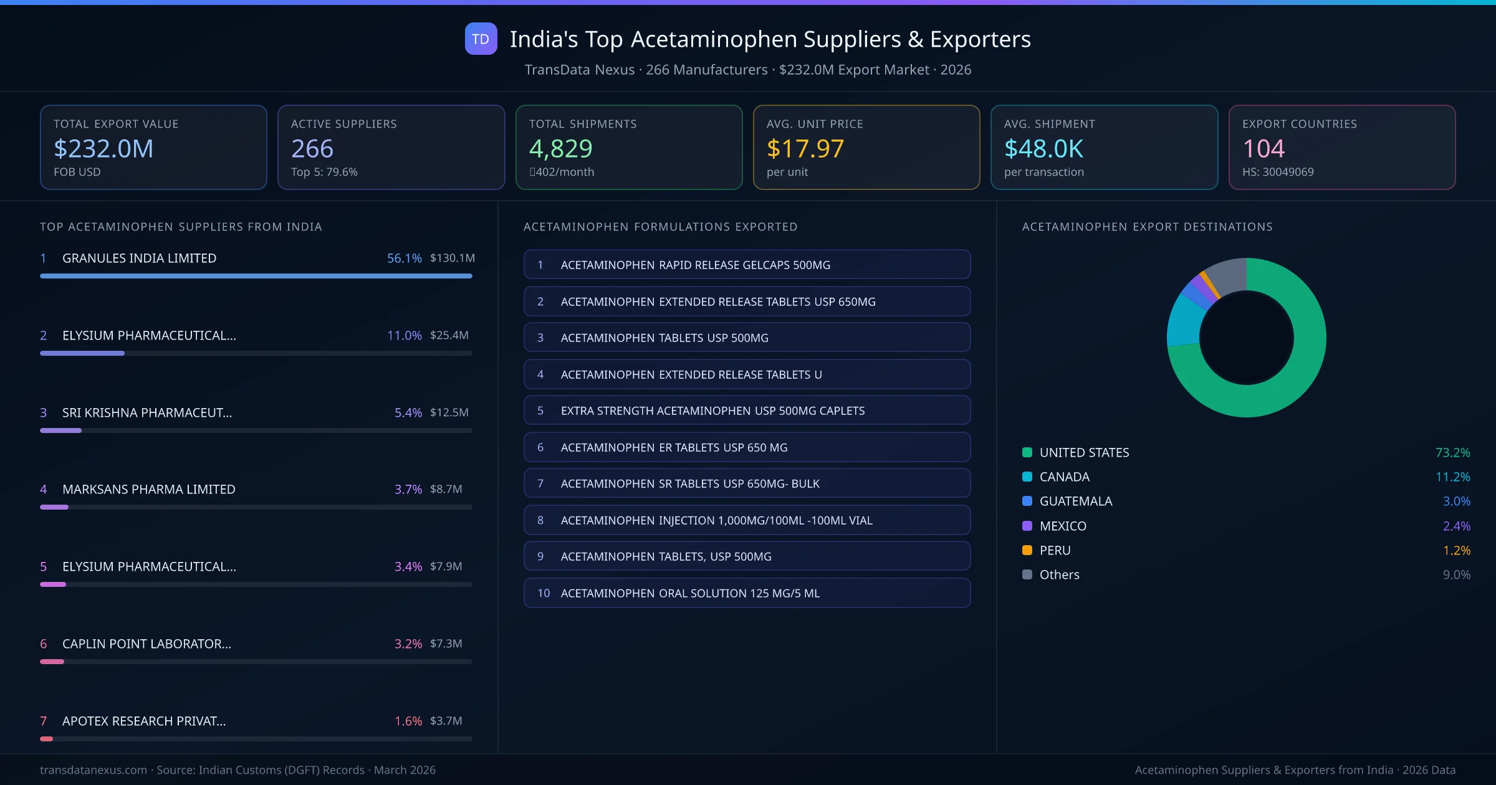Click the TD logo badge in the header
[481, 39]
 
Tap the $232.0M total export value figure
[103, 148]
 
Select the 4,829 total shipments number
[560, 148]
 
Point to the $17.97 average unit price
[805, 148]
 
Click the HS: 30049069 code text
[1277, 172]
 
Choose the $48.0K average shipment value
[1043, 148]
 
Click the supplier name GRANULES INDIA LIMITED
[139, 258]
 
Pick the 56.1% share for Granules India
[404, 258]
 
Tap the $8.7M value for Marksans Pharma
[446, 489]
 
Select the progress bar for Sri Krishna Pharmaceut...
[256, 431]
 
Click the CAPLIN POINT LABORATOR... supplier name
[146, 644]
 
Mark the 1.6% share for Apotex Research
[408, 721]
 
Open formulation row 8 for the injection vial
[747, 520]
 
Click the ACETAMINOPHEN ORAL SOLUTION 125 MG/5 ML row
[747, 593]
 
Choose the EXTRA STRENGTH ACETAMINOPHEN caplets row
[747, 411]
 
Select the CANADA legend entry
[1064, 477]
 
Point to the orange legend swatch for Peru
[1027, 550]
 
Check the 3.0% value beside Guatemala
[1456, 501]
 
